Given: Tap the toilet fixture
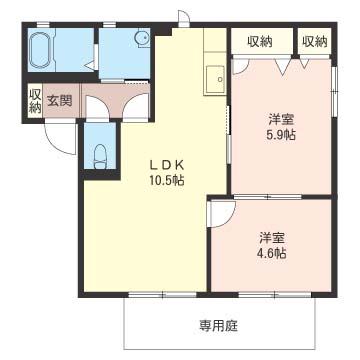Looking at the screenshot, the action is click(100, 156).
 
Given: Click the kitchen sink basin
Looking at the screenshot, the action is click(215, 80).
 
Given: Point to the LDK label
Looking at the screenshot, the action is click(166, 165).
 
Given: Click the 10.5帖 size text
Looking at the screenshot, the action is click(166, 180).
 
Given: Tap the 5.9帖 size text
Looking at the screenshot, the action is click(282, 135).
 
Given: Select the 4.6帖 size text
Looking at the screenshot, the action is click(272, 253).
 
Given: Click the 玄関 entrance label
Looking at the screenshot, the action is click(59, 101).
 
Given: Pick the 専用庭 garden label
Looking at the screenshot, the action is click(219, 325).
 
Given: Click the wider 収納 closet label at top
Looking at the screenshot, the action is click(260, 42).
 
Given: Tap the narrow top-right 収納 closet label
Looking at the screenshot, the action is click(315, 42).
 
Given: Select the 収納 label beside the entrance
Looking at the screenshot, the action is click(34, 101).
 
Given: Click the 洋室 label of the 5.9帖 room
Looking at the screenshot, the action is click(281, 120).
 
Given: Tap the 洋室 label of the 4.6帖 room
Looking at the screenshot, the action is click(272, 238).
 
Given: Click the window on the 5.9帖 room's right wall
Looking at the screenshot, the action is click(334, 91).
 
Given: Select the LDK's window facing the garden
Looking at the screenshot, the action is click(163, 295).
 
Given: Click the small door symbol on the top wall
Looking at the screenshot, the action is click(183, 19).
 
